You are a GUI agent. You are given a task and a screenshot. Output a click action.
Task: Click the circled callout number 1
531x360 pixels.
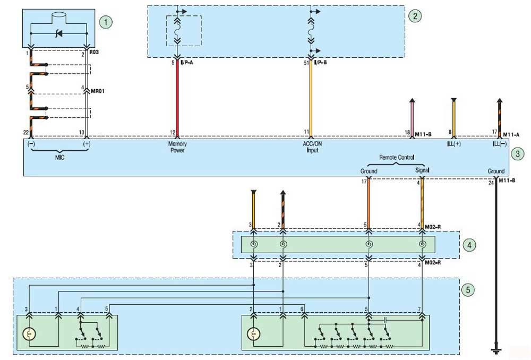tap(106, 22)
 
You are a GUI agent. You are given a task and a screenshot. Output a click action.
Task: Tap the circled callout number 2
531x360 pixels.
tap(415, 16)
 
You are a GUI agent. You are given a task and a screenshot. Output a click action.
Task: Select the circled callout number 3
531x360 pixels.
tap(517, 154)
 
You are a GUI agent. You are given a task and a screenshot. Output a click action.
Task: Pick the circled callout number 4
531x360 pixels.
tap(469, 245)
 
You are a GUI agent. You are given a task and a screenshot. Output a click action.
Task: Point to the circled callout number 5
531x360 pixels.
tap(468, 290)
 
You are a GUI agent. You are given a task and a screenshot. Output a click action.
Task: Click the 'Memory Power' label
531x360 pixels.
tap(177, 147)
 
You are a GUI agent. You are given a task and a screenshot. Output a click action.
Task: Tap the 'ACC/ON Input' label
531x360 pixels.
tap(312, 147)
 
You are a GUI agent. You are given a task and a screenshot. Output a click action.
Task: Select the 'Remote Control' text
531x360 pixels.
tap(397, 158)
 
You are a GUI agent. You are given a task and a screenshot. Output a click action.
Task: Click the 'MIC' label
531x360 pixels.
tap(59, 158)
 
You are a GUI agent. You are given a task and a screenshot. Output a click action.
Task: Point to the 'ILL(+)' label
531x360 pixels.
tap(454, 144)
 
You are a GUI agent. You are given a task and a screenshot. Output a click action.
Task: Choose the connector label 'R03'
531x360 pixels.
tap(94, 52)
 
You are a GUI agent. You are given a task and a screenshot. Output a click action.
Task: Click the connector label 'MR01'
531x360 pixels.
tap(98, 91)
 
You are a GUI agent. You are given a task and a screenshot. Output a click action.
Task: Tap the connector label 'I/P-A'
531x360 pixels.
tap(186, 63)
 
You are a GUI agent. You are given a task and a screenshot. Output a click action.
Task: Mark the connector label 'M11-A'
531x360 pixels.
tap(511, 135)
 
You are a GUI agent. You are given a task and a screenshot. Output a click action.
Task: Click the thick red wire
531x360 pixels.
tap(177, 99)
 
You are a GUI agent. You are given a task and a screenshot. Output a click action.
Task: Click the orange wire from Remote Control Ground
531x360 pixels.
tap(369, 204)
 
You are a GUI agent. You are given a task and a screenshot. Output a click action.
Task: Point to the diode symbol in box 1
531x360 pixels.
tap(59, 33)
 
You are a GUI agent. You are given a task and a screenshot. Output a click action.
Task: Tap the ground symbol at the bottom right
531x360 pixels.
tap(496, 350)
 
